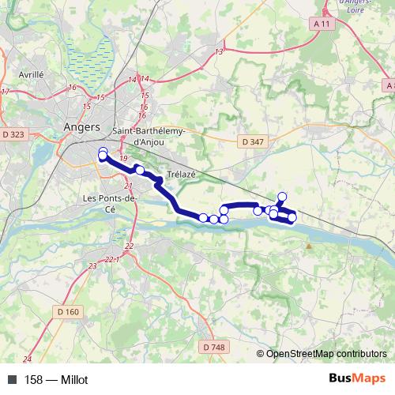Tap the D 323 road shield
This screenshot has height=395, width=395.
point(13,135)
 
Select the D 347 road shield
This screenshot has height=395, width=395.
point(253,141)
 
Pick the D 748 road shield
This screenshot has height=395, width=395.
point(212,346)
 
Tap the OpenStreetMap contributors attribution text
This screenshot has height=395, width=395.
point(322,354)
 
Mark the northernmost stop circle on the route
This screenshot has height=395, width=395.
point(282,197)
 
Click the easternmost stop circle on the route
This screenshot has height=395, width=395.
point(292,217)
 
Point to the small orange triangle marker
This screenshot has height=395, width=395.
point(309,246)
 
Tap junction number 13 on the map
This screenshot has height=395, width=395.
point(219,51)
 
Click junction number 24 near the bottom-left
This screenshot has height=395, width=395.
point(28,359)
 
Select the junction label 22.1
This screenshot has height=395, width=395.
point(111,259)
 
